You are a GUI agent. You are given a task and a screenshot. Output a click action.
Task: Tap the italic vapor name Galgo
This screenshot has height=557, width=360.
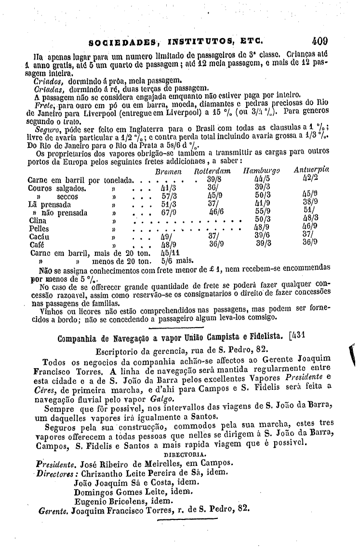[161, 399]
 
